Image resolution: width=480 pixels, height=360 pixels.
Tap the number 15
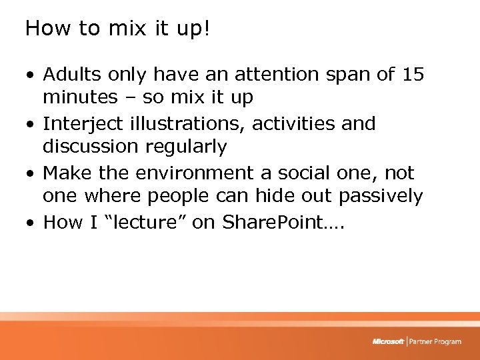413,75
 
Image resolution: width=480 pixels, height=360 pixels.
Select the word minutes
80,98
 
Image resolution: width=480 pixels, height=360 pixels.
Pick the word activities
291,124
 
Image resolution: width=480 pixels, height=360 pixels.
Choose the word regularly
193,147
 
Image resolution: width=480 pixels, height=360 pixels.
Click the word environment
190,173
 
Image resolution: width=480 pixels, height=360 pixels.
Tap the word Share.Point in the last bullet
273,222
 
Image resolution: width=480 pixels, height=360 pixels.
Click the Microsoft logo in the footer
389,342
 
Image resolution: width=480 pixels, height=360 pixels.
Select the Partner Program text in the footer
435,342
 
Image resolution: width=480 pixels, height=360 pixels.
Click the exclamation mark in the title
206,28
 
